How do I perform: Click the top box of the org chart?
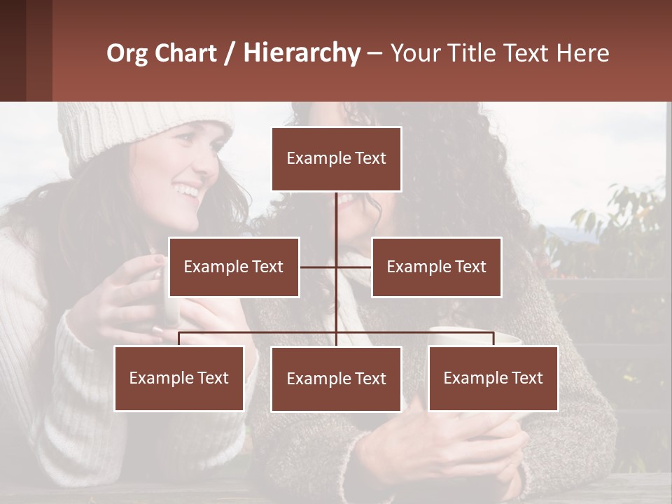pos(336,159)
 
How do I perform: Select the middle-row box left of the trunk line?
pos(234,267)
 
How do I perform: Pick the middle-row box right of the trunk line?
pos(436,267)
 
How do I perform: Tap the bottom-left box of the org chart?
pos(179,378)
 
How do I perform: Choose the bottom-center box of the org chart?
pos(336,379)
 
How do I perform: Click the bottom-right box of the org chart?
pos(493,378)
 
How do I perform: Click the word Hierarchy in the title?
pos(302,53)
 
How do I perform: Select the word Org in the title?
pos(128,53)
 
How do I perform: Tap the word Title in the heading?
pos(473,53)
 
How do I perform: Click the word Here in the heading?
pos(582,53)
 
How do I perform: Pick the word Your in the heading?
pos(416,53)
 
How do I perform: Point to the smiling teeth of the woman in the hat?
pos(187,190)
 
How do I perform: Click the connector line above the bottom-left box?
pos(179,339)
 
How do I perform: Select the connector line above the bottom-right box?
pos(493,339)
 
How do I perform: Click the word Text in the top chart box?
pos(370,158)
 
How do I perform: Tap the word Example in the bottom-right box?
pos(470,378)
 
